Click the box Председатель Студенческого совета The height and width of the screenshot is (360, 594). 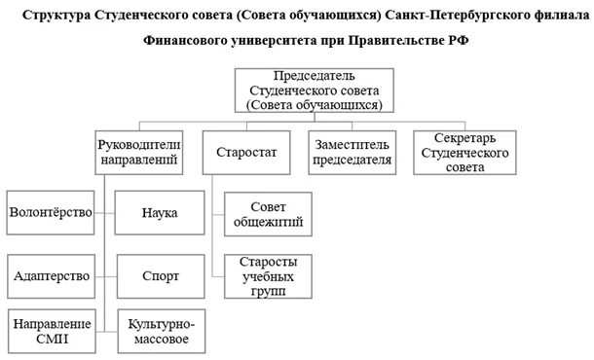[x=314, y=90]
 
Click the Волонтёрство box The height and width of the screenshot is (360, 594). [x=49, y=212]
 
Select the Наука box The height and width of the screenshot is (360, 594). [x=158, y=212]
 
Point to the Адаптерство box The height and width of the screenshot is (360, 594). [x=49, y=275]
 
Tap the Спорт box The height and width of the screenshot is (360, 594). [x=158, y=275]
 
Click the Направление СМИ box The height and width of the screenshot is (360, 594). [x=49, y=331]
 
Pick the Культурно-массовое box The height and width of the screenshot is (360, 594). [x=158, y=331]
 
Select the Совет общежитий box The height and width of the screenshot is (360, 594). [x=268, y=214]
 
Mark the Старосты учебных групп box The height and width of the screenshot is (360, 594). [x=268, y=275]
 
